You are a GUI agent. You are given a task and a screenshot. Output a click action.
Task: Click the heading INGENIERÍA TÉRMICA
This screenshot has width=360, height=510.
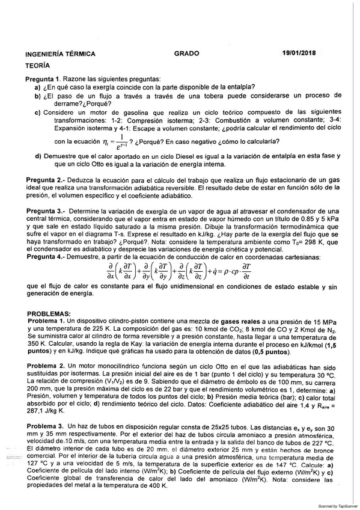point(60,54)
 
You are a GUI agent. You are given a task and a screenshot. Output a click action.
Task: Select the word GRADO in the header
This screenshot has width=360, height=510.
point(186,54)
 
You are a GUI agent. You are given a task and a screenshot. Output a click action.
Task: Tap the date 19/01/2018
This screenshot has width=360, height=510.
point(302,53)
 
